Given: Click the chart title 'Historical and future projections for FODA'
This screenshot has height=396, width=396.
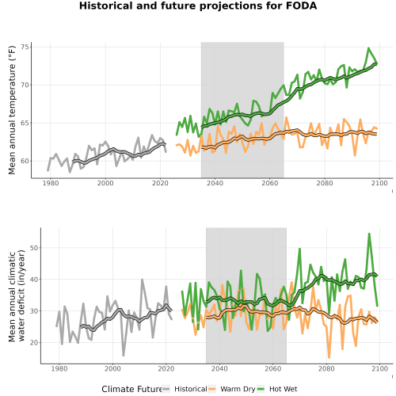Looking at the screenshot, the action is tap(198, 6).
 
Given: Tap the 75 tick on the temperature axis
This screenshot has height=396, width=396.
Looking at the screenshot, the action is tap(25, 47).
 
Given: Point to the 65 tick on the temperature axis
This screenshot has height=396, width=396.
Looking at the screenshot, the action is tap(25, 123).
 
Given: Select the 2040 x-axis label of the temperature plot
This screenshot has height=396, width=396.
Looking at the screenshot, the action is tap(215, 183).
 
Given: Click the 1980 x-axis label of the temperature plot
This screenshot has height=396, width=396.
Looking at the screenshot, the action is tap(51, 183).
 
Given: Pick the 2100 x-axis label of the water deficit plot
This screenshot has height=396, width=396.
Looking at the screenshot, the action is tap(379, 368).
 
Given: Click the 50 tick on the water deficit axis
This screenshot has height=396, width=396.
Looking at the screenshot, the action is tap(34, 248).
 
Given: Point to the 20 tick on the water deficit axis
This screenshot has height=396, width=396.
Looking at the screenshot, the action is tap(34, 342).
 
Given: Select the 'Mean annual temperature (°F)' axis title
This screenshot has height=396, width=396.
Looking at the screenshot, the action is tap(12, 110).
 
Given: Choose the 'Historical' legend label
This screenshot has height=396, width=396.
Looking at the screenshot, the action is tap(191, 389).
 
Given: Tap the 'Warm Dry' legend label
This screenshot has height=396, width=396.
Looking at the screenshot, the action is tap(238, 389).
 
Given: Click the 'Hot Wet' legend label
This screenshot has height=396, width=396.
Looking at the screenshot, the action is tap(284, 389).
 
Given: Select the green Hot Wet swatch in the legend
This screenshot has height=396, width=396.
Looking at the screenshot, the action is tap(261, 389).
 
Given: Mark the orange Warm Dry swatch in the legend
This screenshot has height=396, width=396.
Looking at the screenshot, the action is tap(212, 389).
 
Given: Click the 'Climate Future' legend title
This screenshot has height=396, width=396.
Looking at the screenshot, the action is tap(131, 389).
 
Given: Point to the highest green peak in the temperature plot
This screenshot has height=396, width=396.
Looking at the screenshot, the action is tap(368, 48).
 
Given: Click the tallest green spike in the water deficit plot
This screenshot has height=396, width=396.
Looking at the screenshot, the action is tap(369, 234).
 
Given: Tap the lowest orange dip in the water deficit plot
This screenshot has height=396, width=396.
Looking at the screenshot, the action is tap(329, 357).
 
